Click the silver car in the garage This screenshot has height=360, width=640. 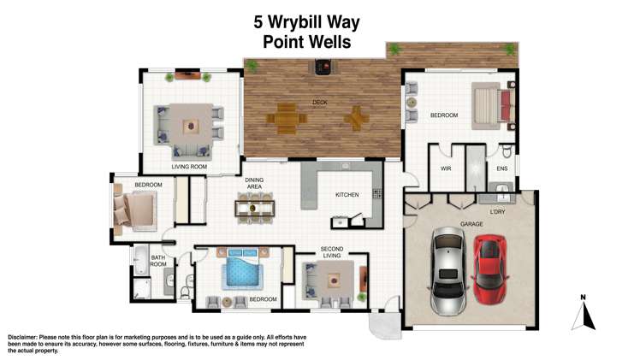tap(446, 272)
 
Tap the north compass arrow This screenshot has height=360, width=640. tap(584, 313)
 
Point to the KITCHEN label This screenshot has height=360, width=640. tap(347, 195)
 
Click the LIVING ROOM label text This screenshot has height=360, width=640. tap(189, 167)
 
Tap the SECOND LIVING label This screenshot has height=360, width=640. tap(332, 253)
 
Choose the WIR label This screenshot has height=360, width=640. tap(445, 169)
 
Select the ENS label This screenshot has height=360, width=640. tap(502, 169)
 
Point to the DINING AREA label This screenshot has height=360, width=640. tap(253, 184)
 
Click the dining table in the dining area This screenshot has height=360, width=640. tap(254, 207)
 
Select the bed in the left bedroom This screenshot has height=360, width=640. tap(133, 210)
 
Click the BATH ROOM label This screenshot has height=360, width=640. tap(158, 261)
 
